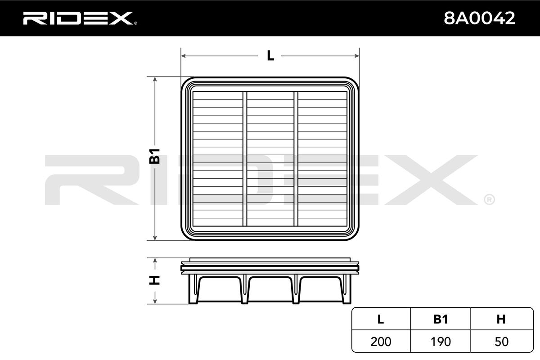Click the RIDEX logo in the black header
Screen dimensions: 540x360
click(80, 18)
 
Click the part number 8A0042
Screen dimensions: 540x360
click(480, 18)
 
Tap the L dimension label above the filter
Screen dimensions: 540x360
click(270, 56)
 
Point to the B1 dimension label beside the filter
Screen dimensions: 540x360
click(154, 156)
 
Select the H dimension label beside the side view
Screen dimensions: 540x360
click(154, 280)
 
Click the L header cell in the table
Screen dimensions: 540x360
click(381, 319)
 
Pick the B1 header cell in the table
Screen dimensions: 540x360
click(441, 319)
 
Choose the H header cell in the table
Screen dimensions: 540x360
click(501, 319)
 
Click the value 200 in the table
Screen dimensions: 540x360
click(381, 342)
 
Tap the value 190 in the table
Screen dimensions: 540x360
click(441, 342)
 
